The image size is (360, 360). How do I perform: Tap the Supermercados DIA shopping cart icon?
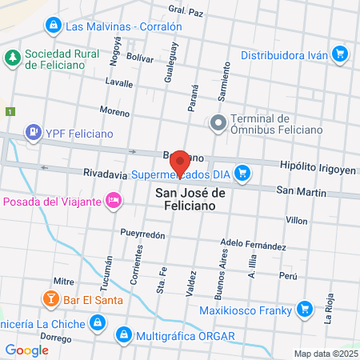click(243, 173)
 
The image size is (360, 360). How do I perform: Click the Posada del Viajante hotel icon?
click(114, 198)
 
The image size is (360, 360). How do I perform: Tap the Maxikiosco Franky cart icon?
click(304, 307)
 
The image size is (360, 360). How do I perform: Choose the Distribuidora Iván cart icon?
click(340, 55)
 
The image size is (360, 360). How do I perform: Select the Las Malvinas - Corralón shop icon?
click(54, 26)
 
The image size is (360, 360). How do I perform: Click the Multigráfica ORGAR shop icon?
click(124, 334)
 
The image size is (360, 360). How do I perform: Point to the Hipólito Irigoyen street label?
click(317, 165)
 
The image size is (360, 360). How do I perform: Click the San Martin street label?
click(301, 191)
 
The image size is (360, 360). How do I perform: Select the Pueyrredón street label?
click(142, 235)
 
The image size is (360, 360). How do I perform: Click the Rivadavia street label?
click(104, 174)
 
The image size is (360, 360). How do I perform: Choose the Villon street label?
click(296, 219)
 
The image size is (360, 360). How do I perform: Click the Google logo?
click(27, 350)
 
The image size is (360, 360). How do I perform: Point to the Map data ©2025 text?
click(324, 354)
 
